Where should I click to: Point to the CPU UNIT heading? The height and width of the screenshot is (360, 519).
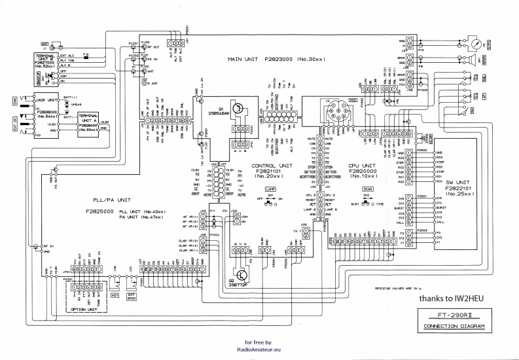(x=361, y=166)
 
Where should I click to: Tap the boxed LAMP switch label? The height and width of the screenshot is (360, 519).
(x=270, y=188)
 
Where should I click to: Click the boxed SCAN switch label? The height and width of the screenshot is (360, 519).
(x=367, y=189)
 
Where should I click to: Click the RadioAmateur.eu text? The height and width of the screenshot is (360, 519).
(x=262, y=350)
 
